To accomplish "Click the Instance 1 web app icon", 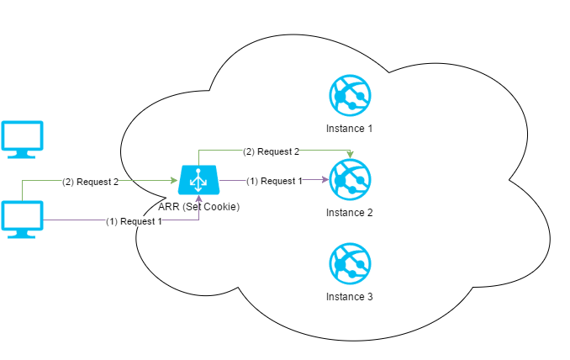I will point(349,96).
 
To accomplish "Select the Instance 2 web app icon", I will point(349,179).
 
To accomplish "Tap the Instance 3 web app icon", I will point(349,263).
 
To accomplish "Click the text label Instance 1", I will point(349,129).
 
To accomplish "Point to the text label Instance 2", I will point(349,213).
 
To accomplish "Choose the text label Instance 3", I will point(349,297).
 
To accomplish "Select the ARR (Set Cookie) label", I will point(199,206).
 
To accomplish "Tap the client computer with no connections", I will point(22,140).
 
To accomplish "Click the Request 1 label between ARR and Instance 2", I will point(274,181).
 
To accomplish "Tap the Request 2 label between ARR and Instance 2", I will point(271,152).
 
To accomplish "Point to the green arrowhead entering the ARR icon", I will point(175,180).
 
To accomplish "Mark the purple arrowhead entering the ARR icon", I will point(199,197).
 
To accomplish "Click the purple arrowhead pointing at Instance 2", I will point(325,179).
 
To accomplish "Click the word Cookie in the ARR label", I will point(221,206).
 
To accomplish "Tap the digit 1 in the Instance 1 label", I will point(368,129).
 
